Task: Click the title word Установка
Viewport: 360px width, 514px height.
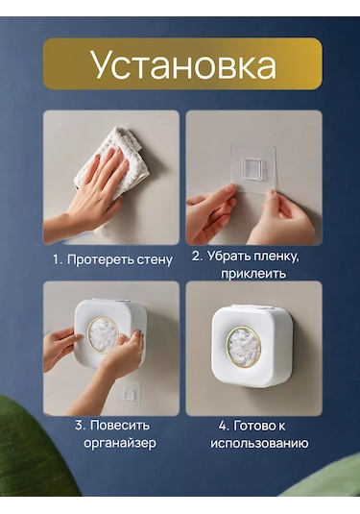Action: click(183, 64)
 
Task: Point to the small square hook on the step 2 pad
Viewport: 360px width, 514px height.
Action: click(252, 169)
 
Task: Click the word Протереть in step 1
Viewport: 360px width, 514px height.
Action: click(100, 260)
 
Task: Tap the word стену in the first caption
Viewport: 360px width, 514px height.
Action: click(155, 260)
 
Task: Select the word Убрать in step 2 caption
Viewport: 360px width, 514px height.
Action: click(227, 257)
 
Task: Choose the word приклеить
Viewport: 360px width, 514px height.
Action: click(253, 274)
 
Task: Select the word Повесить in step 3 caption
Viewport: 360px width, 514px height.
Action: click(120, 426)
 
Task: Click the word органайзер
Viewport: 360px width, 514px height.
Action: click(120, 444)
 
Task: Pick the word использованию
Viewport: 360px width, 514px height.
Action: click(259, 444)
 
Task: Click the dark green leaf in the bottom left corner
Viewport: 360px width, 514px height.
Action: click(31, 449)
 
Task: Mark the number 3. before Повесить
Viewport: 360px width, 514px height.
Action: click(81, 426)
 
